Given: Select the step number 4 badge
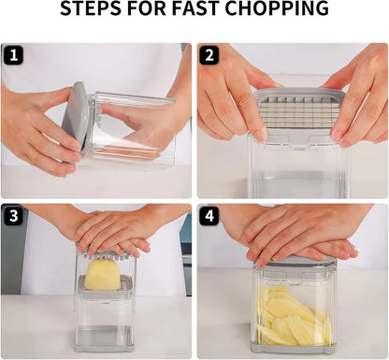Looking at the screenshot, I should pos(209,216).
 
